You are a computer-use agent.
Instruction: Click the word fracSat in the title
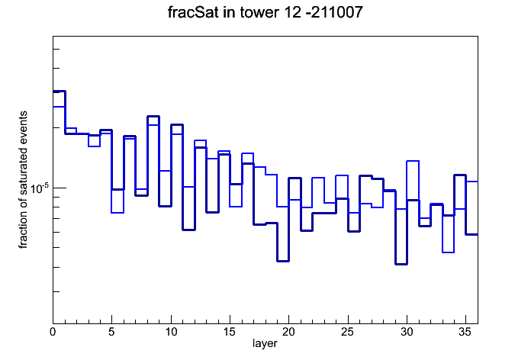pos(193,12)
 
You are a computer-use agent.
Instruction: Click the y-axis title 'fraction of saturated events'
pos(23,180)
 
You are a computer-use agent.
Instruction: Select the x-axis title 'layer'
pos(265,343)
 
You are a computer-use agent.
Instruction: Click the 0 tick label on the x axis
pos(53,332)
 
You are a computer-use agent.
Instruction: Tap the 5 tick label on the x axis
pos(111,332)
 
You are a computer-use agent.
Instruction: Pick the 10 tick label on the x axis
pos(171,332)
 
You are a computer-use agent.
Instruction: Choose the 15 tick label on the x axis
pos(230,332)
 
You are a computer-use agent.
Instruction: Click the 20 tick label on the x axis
pos(288,332)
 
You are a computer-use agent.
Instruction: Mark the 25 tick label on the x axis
pos(348,332)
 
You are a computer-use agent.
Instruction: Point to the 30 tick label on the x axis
pos(407,332)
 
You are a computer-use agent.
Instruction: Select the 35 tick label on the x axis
pos(465,332)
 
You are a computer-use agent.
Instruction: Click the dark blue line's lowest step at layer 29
pos(401,264)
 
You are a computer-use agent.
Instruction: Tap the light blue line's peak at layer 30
pos(413,161)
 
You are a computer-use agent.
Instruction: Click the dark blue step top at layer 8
pos(153,116)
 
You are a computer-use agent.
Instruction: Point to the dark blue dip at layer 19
pos(283,261)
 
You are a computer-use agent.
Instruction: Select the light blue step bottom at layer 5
pos(117,213)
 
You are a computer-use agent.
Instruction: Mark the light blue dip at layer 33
pos(449,252)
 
